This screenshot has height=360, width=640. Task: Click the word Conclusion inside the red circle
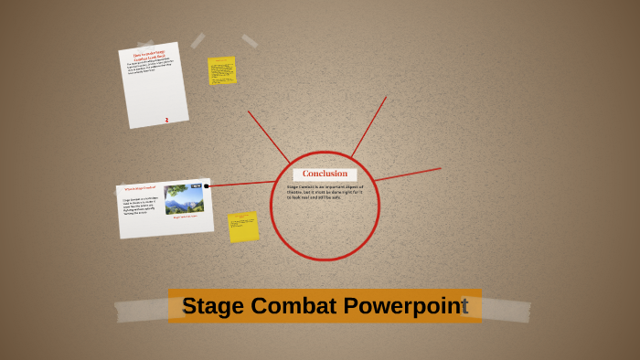(x=325, y=174)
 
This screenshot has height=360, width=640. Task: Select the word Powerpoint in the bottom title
(x=406, y=306)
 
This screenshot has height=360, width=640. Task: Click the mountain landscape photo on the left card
(x=184, y=198)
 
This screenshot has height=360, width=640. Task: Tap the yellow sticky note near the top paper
(x=222, y=70)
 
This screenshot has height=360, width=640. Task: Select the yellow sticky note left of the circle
(x=243, y=227)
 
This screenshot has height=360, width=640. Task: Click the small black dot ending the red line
(x=207, y=186)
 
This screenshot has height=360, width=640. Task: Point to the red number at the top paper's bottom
(x=166, y=120)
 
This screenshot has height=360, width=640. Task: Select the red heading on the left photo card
(x=140, y=189)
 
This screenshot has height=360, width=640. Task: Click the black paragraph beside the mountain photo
(x=141, y=206)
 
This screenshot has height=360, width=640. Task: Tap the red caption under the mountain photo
(x=186, y=217)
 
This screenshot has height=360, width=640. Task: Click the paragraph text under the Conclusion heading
(x=325, y=193)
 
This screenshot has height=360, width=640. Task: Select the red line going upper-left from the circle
(x=268, y=136)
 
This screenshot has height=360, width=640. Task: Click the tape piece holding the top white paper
(x=197, y=40)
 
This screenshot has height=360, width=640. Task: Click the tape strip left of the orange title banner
(x=141, y=310)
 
